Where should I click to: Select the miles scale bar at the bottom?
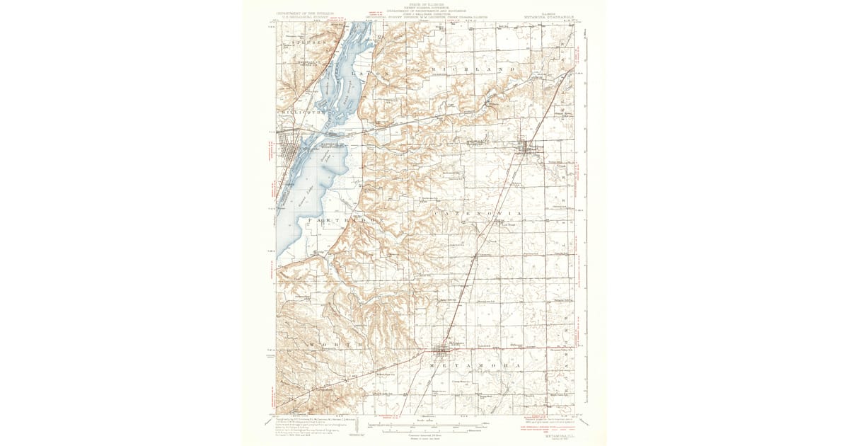[x=424, y=425]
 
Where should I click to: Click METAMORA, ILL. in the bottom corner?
[x=554, y=437]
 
